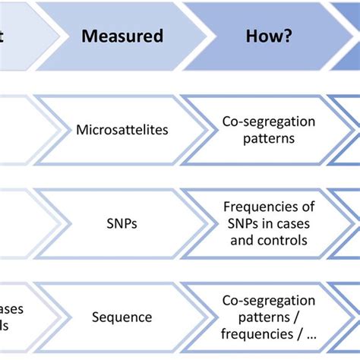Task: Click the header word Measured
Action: (x=122, y=36)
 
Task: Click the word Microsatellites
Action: (x=122, y=130)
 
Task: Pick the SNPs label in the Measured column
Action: (x=122, y=223)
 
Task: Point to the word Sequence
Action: (x=122, y=317)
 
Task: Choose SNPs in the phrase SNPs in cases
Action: (x=238, y=223)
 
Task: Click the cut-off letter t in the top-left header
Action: (x=3, y=36)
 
